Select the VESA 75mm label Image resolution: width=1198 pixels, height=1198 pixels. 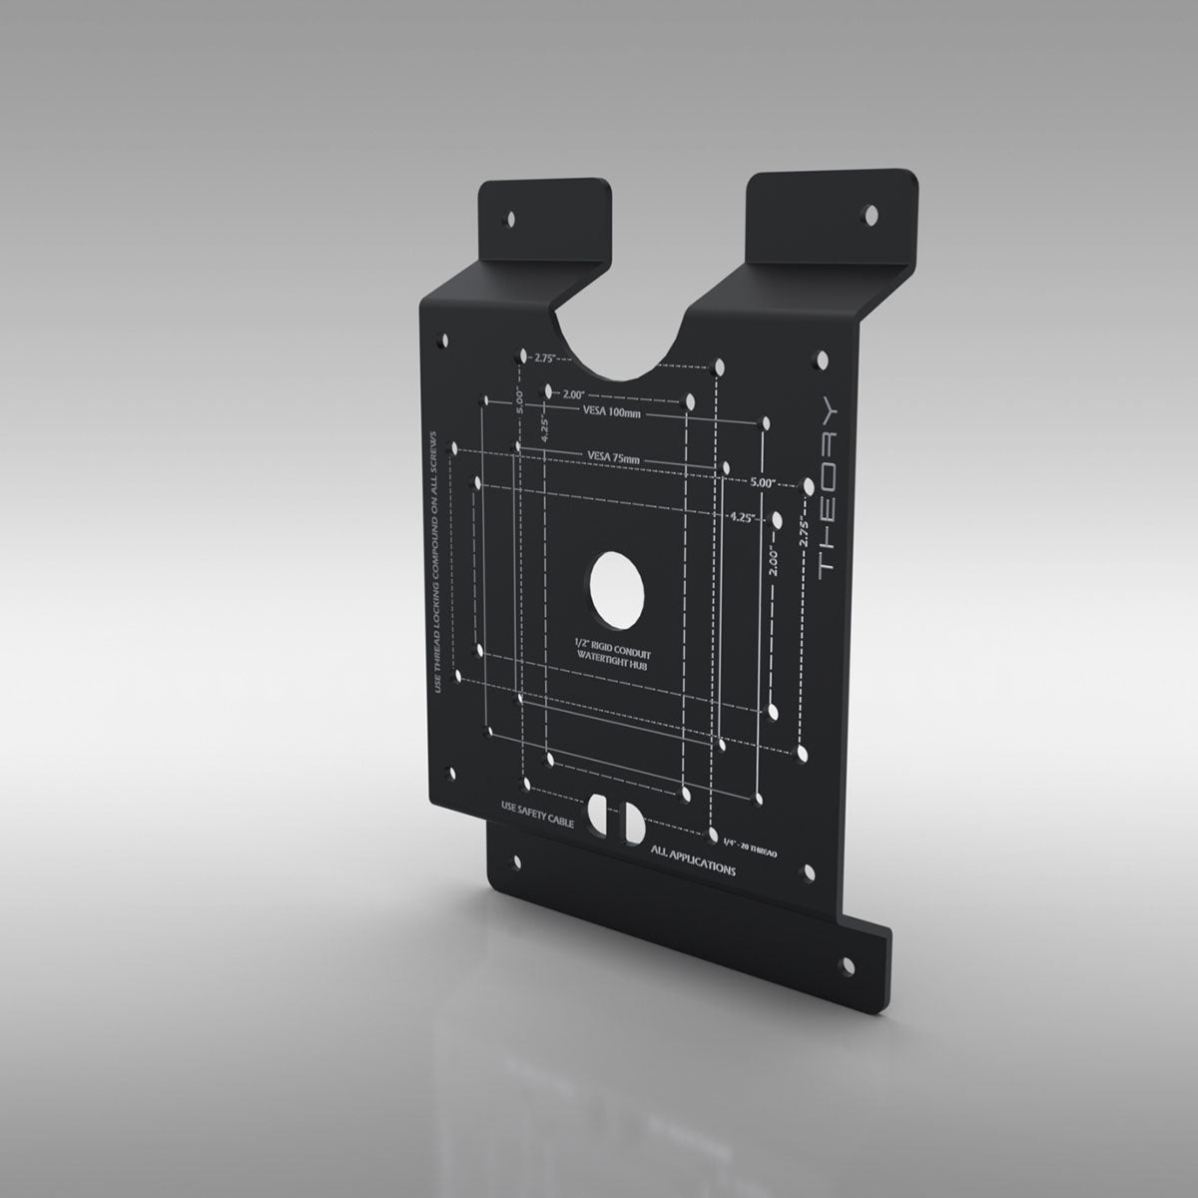coord(613,457)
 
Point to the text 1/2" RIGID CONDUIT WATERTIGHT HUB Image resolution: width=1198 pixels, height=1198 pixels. coord(612,655)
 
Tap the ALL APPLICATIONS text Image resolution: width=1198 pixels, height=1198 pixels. coord(692,861)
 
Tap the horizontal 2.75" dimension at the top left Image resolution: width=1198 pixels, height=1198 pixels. coord(544,356)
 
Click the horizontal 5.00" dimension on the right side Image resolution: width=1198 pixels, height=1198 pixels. coord(763,482)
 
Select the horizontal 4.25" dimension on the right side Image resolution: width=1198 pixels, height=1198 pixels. coord(742,517)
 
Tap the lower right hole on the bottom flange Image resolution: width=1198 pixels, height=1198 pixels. coord(849,964)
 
